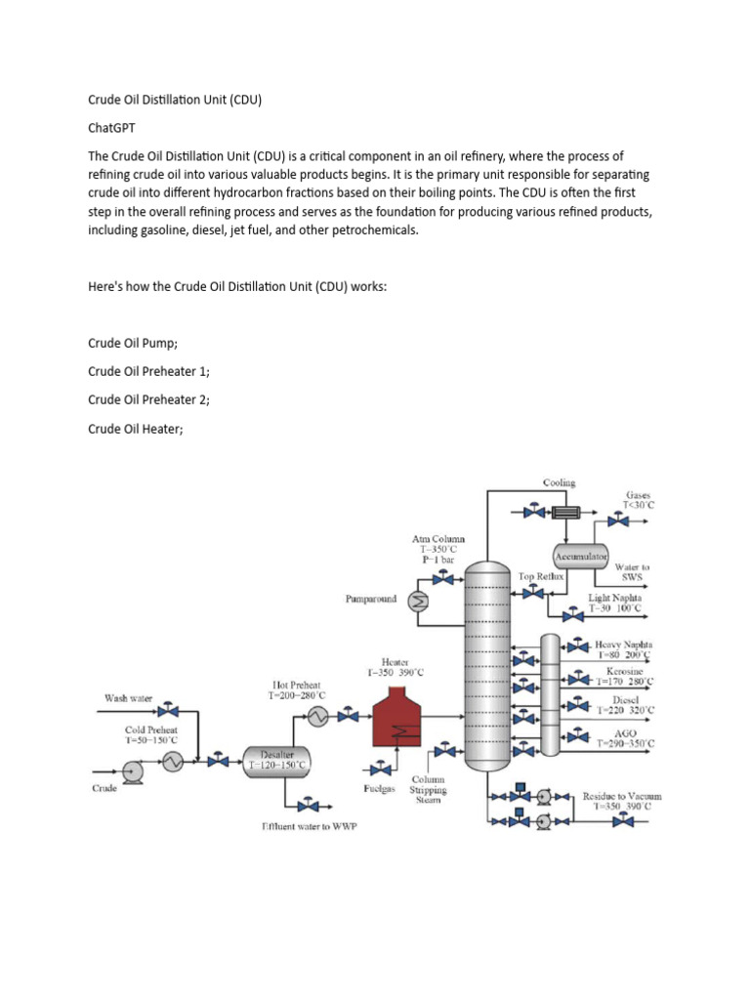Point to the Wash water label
click(129, 698)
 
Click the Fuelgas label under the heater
click(379, 789)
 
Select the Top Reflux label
click(542, 577)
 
